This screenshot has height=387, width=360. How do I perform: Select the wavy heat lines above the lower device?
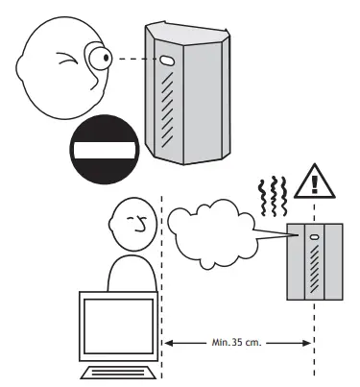click(277, 196)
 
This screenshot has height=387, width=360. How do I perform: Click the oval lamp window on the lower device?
click(313, 233)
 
